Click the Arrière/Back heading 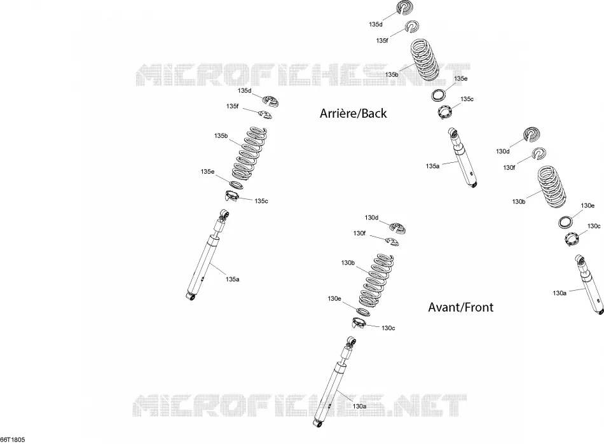tap(353, 113)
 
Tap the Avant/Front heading tap(461, 307)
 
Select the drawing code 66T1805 tap(13, 440)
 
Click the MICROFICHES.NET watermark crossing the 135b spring tap(303, 74)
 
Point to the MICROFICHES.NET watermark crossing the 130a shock tap(299, 405)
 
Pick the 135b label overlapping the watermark tap(392, 74)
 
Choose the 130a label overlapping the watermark tap(359, 406)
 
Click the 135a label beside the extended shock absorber tap(232, 279)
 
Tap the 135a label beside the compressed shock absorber tap(432, 166)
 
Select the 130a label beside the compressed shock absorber tap(559, 293)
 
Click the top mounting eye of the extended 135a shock tap(225, 214)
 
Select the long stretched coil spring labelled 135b tap(249, 154)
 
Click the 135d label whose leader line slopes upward tap(376, 24)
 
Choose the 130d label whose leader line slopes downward tap(371, 218)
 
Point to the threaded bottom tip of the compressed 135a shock tap(474, 185)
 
